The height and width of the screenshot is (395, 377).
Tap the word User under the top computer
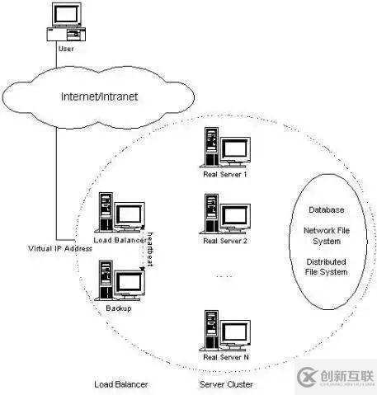67,49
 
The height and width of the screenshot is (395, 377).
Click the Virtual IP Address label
60,249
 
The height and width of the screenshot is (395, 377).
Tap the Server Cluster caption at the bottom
226,384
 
